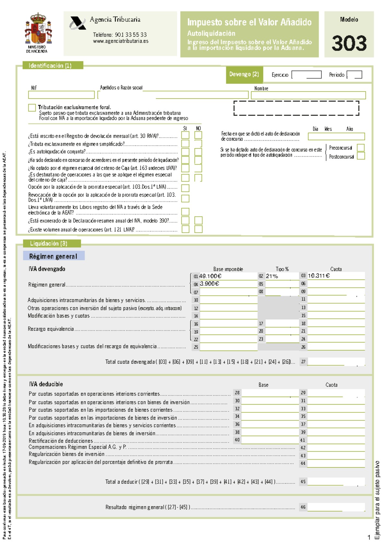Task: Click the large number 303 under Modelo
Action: [x=349, y=43]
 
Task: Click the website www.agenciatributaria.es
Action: [x=121, y=41]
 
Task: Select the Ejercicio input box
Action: [x=306, y=75]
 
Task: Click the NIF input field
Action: [x=61, y=95]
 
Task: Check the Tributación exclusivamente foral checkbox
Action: [x=32, y=108]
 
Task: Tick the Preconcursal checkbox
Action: [x=360, y=148]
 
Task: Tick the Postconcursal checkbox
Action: [x=360, y=156]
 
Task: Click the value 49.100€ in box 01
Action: [x=210, y=276]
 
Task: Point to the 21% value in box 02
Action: [x=272, y=276]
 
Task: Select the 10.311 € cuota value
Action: [x=319, y=276]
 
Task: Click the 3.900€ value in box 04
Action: [x=209, y=284]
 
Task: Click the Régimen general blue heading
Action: [x=53, y=256]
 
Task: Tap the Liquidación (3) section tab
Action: [x=49, y=243]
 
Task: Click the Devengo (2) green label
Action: [x=244, y=74]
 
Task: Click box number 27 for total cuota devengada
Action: [x=303, y=362]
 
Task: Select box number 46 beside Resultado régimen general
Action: [x=303, y=507]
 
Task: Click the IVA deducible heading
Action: [x=46, y=384]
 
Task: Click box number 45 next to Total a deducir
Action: [x=303, y=482]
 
